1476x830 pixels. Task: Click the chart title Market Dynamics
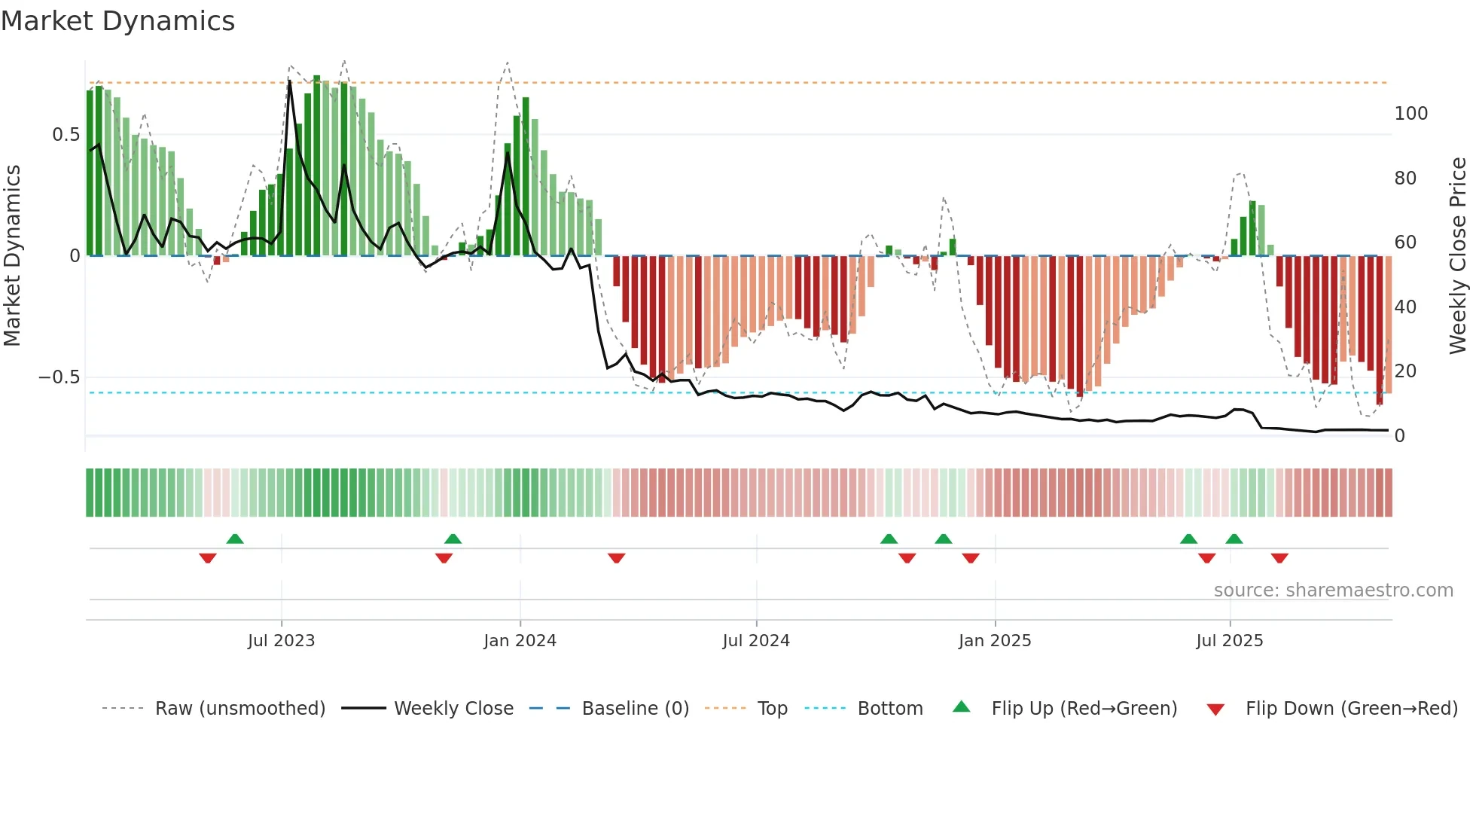point(117,21)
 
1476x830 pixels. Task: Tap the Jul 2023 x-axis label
point(281,641)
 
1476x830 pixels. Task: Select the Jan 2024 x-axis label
point(520,641)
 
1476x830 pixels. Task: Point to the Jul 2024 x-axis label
point(756,641)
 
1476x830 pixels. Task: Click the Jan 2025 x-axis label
point(995,641)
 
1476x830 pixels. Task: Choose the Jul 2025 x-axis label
point(1230,641)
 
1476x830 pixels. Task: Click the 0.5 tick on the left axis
point(66,135)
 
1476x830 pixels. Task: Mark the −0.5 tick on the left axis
point(59,377)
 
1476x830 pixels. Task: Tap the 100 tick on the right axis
point(1410,114)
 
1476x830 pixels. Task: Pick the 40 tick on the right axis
point(1405,307)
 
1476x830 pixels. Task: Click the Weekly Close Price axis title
point(1458,256)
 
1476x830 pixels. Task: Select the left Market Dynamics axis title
point(12,256)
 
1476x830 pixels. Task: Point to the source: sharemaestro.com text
point(1333,590)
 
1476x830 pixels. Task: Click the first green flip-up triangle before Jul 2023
point(235,539)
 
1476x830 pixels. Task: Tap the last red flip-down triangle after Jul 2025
point(1279,558)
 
